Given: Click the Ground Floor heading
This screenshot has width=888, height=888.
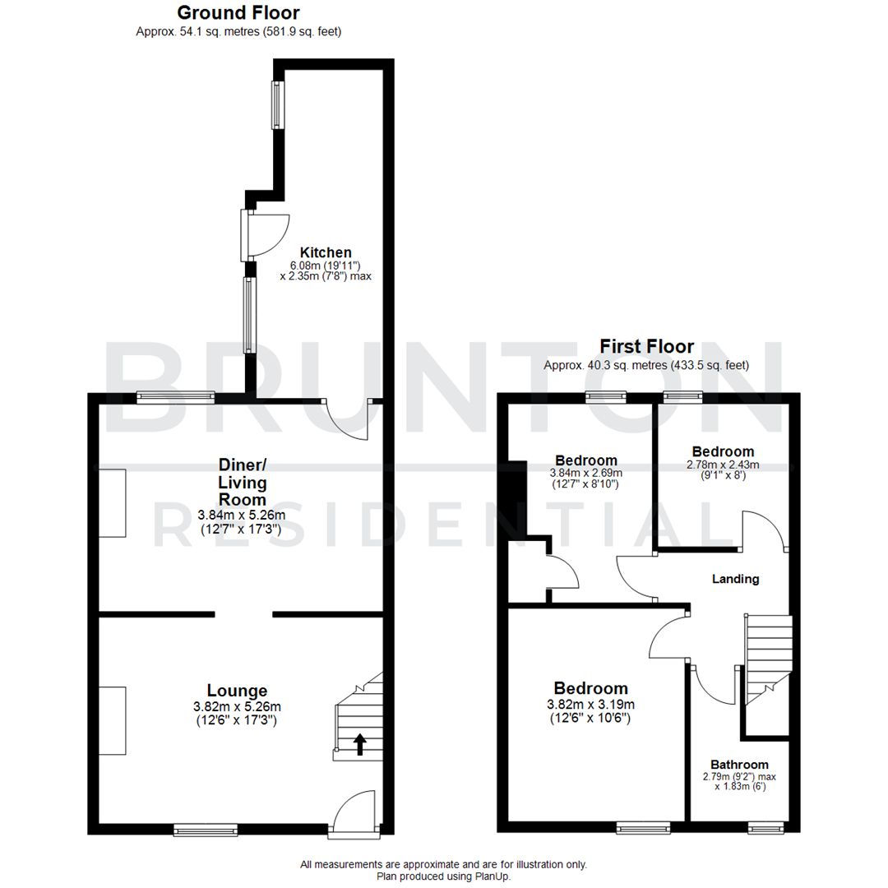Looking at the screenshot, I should [238, 12].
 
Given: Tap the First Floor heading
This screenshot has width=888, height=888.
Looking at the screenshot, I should [646, 346].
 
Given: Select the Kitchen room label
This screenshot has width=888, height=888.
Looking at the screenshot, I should [326, 252].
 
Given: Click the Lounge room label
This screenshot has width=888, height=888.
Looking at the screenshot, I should [237, 691].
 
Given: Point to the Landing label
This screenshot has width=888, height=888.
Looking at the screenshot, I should [735, 579].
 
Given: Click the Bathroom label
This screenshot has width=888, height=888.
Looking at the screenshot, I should [739, 764].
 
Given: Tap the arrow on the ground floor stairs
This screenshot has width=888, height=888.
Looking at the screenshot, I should [359, 744].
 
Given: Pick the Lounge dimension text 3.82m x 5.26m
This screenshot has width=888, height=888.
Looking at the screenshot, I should [237, 706].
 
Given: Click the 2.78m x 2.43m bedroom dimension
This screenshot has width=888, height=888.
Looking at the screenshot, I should [723, 465].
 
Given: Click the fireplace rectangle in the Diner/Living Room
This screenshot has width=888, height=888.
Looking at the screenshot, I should [113, 503].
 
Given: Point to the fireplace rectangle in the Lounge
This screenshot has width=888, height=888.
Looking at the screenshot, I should [113, 721].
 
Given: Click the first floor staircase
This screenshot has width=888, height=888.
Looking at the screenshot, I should [767, 658].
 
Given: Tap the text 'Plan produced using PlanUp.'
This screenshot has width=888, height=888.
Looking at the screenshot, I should [443, 876].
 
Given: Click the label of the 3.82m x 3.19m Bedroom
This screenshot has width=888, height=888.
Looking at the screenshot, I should [590, 688].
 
